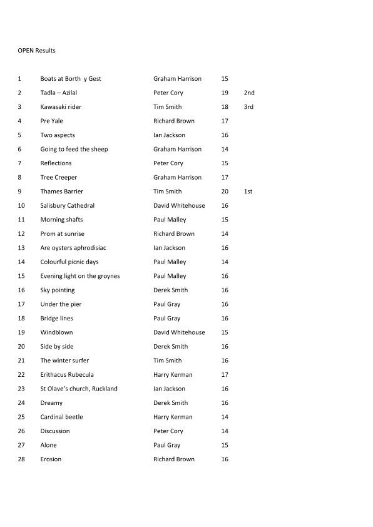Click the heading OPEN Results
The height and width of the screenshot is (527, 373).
[37, 50]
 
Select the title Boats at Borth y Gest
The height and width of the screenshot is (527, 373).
[71, 79]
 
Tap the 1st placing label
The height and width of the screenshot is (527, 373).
[248, 192]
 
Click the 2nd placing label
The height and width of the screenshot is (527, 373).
[249, 93]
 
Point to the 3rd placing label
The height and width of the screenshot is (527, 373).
[248, 107]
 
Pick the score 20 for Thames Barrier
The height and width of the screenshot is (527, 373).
[225, 192]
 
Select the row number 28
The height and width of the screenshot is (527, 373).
[22, 459]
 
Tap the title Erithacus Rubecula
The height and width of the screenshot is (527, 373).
[67, 375]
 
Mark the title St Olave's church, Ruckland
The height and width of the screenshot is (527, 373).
[79, 389]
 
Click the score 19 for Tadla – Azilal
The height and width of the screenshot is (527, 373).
[225, 93]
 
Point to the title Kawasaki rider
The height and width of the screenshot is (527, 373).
[61, 107]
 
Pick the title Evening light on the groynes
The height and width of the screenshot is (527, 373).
[80, 276]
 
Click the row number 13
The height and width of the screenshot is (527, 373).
[22, 248]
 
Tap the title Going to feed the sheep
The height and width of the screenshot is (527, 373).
[74, 149]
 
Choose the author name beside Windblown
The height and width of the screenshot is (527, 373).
[179, 332]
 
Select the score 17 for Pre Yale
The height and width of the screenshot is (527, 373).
[225, 121]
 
